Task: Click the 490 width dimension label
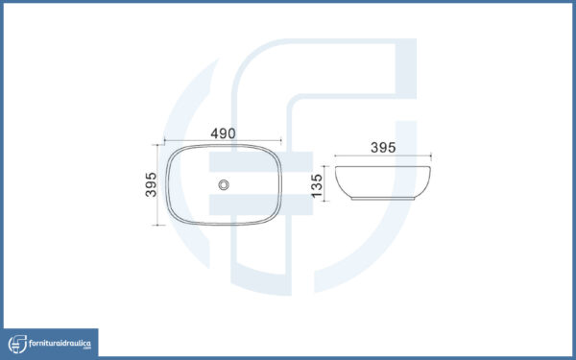coord(223,133)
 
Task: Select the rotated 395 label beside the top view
coord(151,184)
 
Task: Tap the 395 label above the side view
coord(383,148)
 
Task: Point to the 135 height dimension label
coord(316,186)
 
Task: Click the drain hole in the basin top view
coord(224,184)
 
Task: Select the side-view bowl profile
coord(383,182)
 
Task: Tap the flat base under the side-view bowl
coord(383,199)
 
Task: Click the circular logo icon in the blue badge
coord(17,345)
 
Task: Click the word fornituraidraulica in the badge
coord(60,344)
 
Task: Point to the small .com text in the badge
coord(86,348)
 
